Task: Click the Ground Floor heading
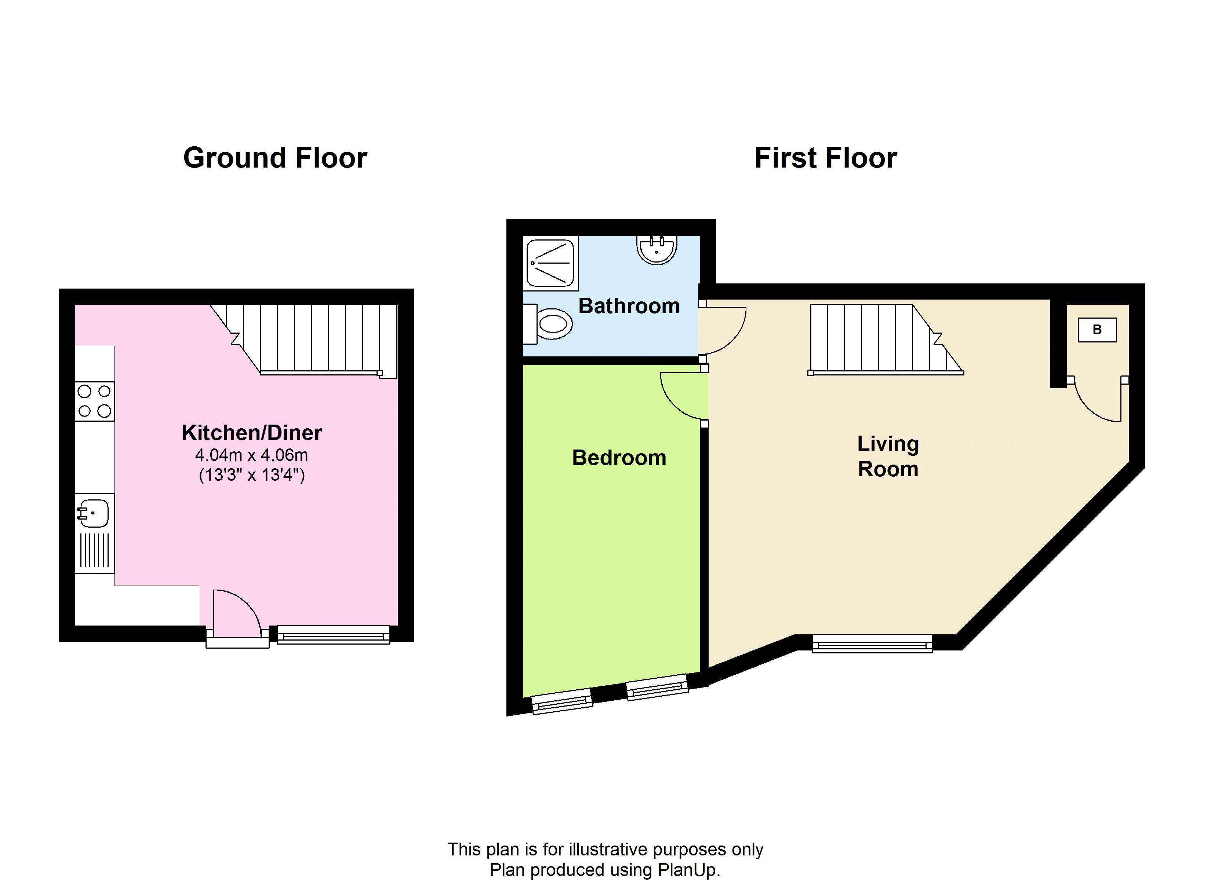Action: (x=275, y=158)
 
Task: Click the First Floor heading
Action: (x=825, y=158)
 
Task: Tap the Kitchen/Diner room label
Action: (x=251, y=433)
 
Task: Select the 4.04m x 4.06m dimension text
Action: (x=251, y=455)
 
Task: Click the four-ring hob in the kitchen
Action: (x=95, y=401)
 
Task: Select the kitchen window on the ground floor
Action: (x=334, y=635)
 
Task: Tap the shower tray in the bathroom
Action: (x=550, y=264)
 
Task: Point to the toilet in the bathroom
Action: (x=550, y=323)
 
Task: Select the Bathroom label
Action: (x=629, y=306)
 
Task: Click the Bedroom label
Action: (x=619, y=458)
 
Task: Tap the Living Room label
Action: (x=888, y=456)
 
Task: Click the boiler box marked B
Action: (x=1097, y=330)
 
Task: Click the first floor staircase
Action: (x=876, y=338)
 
